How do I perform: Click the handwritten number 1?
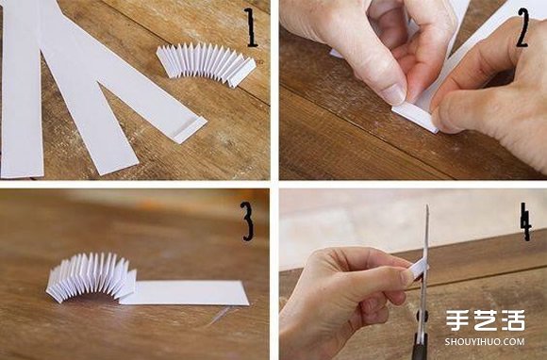(250, 28)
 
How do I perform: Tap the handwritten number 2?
(522, 28)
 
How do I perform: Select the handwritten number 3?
(247, 221)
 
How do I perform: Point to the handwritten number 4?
(525, 221)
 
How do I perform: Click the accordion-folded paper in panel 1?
(207, 64)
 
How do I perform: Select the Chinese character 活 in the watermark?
(513, 320)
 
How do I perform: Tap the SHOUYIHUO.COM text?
(485, 341)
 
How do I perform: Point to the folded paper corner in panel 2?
(415, 119)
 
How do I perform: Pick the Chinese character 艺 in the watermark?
(485, 320)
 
